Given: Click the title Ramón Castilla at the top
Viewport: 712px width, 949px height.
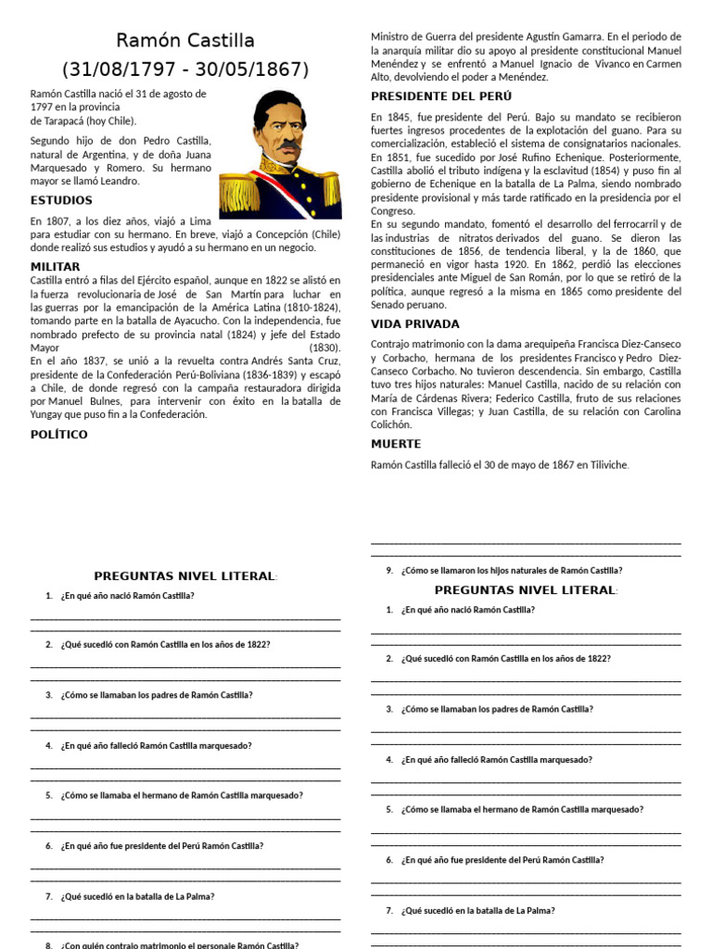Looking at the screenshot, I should pyautogui.click(x=185, y=41).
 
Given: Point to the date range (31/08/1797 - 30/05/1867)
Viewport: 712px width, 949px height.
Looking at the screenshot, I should pyautogui.click(x=185, y=70).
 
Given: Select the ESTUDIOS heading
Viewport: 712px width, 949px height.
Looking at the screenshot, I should pyautogui.click(x=61, y=200).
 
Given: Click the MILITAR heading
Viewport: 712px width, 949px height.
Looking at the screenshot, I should pyautogui.click(x=57, y=267).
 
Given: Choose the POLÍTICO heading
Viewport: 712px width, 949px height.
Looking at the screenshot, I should pyautogui.click(x=59, y=434).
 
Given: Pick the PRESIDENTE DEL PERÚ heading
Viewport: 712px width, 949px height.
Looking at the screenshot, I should pyautogui.click(x=441, y=95).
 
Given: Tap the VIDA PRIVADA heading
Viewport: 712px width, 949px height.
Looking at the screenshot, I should pyautogui.click(x=414, y=324).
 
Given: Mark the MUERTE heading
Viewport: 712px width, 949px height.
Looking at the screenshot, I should pyautogui.click(x=396, y=444).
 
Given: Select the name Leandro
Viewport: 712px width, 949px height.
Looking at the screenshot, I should pyautogui.click(x=118, y=182).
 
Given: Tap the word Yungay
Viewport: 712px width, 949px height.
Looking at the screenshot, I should pyautogui.click(x=49, y=414).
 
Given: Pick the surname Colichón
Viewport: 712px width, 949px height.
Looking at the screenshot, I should pyautogui.click(x=391, y=424).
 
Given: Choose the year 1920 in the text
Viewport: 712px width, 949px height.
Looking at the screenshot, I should pyautogui.click(x=516, y=263).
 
